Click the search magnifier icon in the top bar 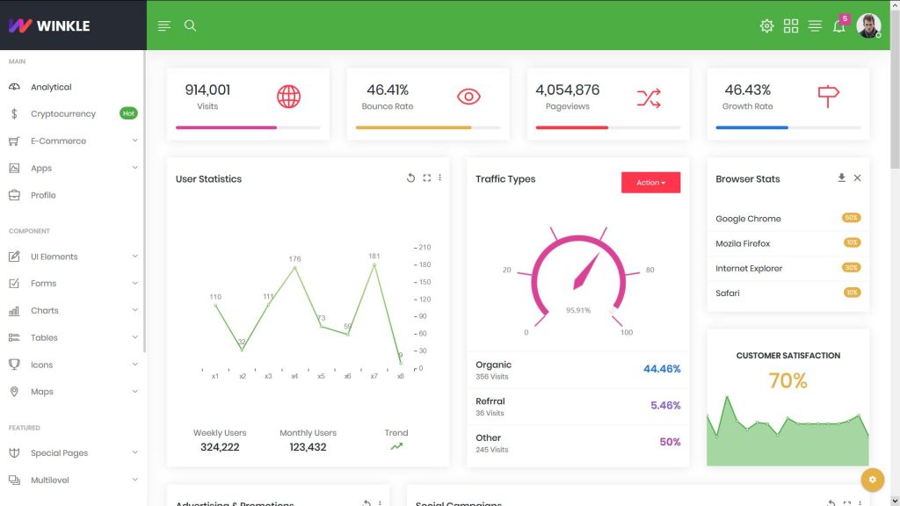(x=190, y=25)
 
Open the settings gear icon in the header (x=766, y=25)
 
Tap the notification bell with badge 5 (x=839, y=25)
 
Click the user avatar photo (x=868, y=25)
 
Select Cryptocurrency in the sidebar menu (x=63, y=113)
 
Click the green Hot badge (x=128, y=113)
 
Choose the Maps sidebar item (x=42, y=392)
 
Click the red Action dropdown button (x=650, y=183)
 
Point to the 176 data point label (x=294, y=259)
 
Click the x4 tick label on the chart (x=294, y=376)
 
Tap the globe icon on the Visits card (x=288, y=97)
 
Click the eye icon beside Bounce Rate (x=468, y=97)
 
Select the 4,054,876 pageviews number (x=568, y=90)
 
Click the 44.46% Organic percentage (x=662, y=369)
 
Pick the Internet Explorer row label (x=749, y=268)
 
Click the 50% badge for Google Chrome (x=851, y=218)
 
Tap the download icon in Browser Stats (x=841, y=177)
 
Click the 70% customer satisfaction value (x=787, y=380)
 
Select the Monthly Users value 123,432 (x=308, y=447)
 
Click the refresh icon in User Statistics (x=410, y=178)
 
